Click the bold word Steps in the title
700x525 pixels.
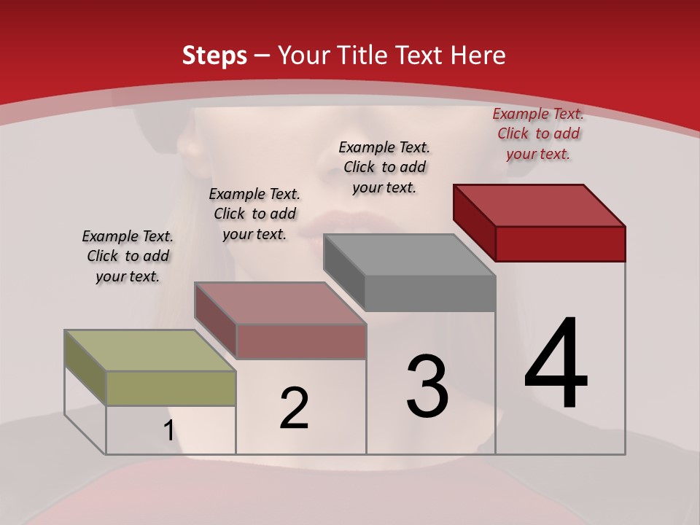214,55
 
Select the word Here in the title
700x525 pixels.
478,55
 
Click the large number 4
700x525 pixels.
556,365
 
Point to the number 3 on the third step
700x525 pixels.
427,386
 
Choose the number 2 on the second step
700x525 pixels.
294,408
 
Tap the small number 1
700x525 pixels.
168,431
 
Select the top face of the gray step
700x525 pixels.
408,255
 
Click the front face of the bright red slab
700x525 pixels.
560,244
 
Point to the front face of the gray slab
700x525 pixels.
430,294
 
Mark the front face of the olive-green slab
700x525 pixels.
171,388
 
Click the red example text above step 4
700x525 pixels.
538,133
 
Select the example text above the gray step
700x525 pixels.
384,167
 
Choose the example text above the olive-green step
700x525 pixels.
128,256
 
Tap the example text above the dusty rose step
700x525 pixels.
254,214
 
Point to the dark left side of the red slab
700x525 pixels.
474,222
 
